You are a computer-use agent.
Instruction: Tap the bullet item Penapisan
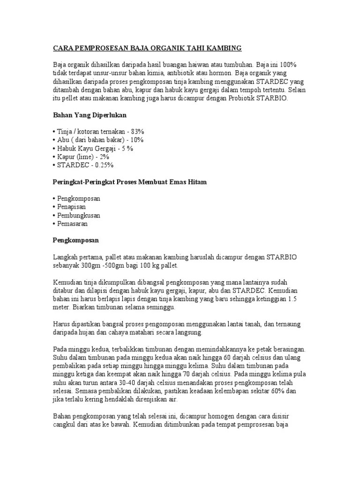(72, 207)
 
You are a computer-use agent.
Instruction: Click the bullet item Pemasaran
(73, 224)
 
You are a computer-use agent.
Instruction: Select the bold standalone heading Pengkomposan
(75, 240)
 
